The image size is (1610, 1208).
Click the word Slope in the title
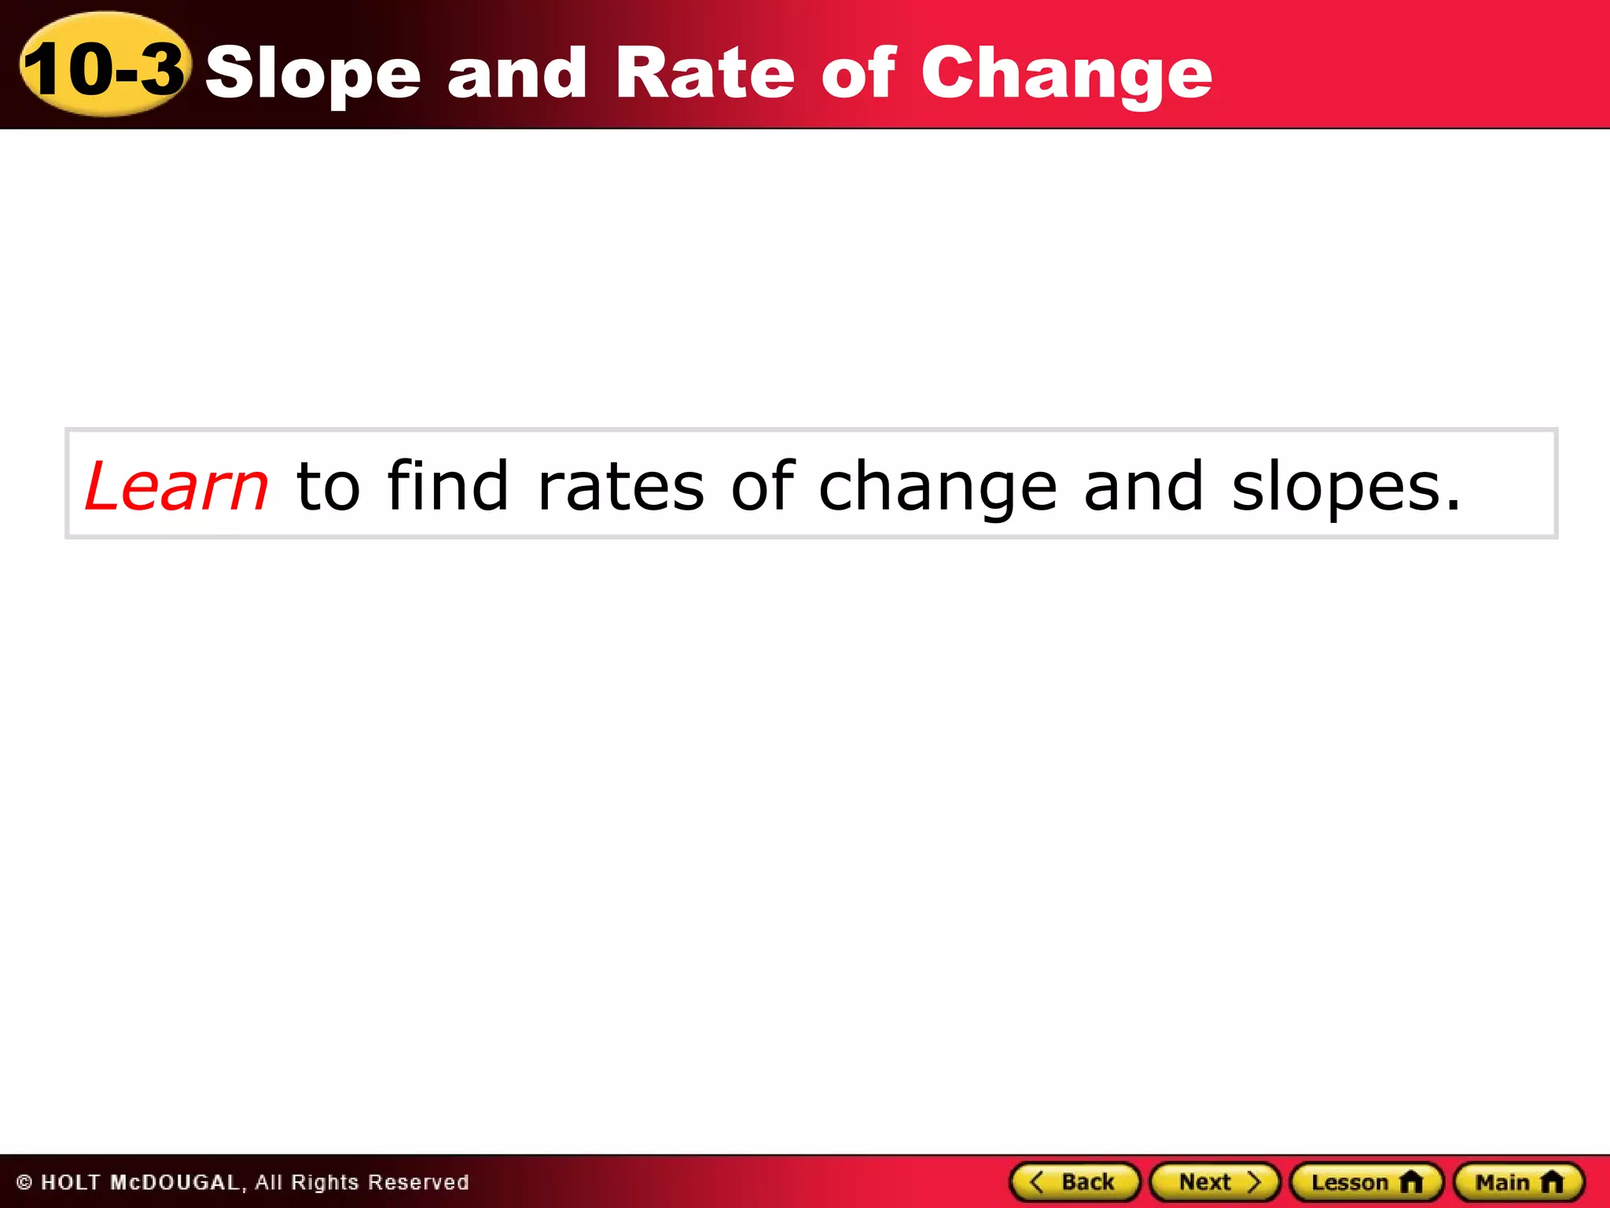click(313, 73)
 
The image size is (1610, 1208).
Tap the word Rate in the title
click(705, 72)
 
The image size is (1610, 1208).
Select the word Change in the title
click(1066, 73)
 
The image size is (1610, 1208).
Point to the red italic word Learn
click(177, 486)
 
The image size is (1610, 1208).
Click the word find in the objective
click(447, 485)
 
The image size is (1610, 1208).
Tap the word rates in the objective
click(621, 487)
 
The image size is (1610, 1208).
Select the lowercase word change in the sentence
click(937, 487)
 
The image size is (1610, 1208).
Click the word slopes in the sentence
click(1344, 487)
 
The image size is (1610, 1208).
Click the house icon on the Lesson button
click(1411, 1182)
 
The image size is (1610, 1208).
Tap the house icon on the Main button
click(1552, 1182)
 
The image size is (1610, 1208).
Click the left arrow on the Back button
click(1036, 1181)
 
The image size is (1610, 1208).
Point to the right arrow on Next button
click(1255, 1182)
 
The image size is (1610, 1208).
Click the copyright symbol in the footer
click(24, 1183)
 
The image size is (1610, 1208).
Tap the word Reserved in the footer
click(418, 1183)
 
